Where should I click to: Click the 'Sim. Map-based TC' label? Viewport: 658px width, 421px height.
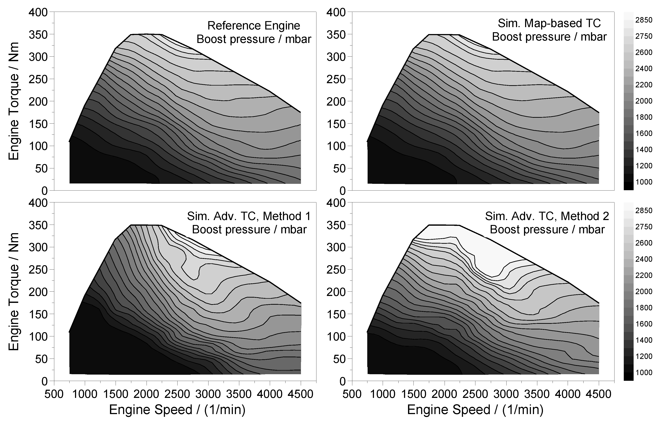tap(549, 23)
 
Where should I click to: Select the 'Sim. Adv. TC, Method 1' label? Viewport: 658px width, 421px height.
tap(249, 216)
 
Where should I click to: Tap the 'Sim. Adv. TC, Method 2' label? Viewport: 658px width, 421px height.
tap(547, 216)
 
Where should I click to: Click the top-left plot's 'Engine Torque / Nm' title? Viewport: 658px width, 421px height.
tap(14, 101)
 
